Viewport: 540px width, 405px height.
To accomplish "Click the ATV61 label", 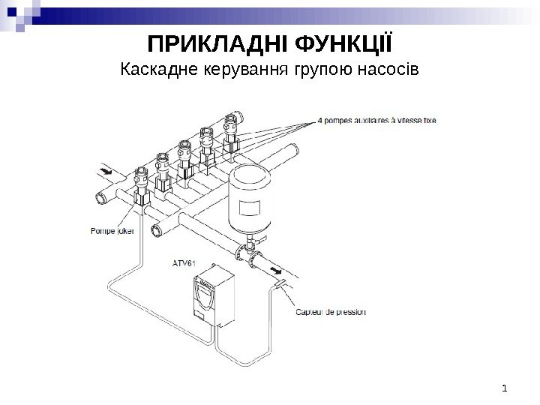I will pyautogui.click(x=184, y=263).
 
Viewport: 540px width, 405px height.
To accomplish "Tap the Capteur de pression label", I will pyautogui.click(x=331, y=312).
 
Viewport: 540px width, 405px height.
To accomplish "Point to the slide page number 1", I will pyautogui.click(x=506, y=388).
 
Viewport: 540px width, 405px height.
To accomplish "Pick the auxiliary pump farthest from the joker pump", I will pyautogui.click(x=231, y=131).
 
